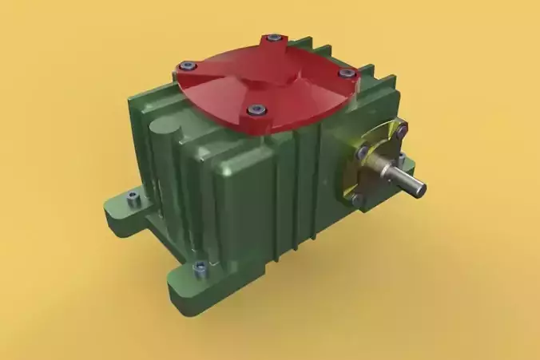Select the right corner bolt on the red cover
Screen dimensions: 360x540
pyautogui.click(x=347, y=73)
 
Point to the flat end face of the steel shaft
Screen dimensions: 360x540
pyautogui.click(x=419, y=188)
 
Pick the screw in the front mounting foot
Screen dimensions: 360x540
pyautogui.click(x=201, y=267)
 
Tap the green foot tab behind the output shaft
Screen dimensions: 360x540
pyautogui.click(x=408, y=168)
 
